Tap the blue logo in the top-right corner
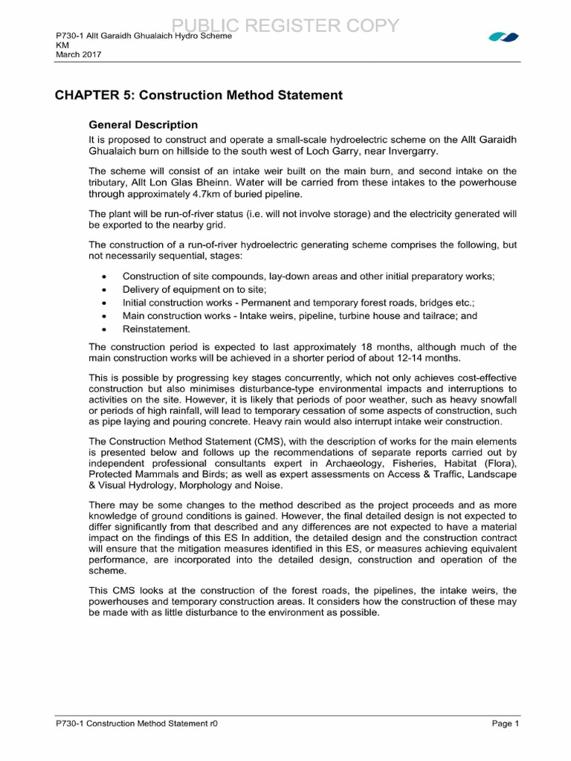pos(503,36)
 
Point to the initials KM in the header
pos(62,45)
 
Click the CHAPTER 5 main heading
pos(199,95)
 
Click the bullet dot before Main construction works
pos(103,316)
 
